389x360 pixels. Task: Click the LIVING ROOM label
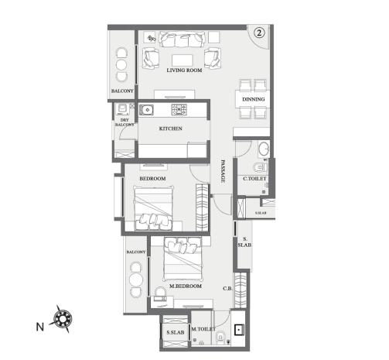coord(183,70)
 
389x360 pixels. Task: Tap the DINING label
coord(253,99)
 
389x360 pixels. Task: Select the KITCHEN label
coord(170,129)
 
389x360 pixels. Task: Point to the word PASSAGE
coord(223,170)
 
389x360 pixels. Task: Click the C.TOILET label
coord(254,179)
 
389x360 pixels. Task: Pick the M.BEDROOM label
coord(186,286)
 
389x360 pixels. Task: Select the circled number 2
coord(260,33)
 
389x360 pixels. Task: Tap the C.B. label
coord(228,290)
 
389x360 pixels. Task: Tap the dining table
coord(253,99)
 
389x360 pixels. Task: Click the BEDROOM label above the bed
coord(152,179)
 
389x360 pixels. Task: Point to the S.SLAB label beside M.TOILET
coord(173,333)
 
